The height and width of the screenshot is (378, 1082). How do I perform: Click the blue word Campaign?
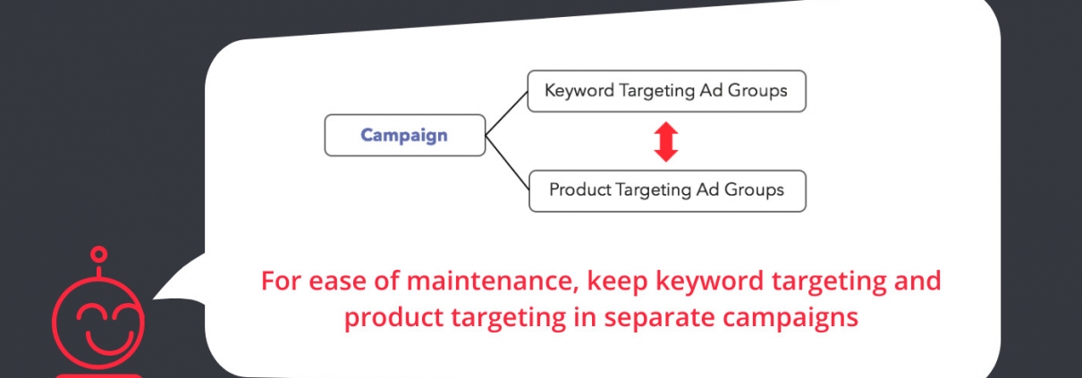[x=404, y=136]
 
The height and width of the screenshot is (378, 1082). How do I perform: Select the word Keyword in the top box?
[x=579, y=91]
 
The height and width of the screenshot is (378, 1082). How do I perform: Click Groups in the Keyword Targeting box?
[x=757, y=91]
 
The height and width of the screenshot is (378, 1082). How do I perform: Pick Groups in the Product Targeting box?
[x=754, y=189]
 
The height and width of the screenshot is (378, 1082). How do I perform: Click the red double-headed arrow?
[x=666, y=141]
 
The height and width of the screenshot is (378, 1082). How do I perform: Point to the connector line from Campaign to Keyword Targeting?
[x=506, y=113]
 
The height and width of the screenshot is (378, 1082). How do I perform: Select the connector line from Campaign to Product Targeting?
[x=507, y=163]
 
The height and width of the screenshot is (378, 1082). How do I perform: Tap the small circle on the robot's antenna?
[x=99, y=254]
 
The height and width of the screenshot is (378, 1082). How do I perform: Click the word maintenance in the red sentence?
[x=492, y=281]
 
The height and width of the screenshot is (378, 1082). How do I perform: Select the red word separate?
[x=659, y=318]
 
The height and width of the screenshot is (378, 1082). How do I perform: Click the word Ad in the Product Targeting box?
[x=707, y=189]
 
